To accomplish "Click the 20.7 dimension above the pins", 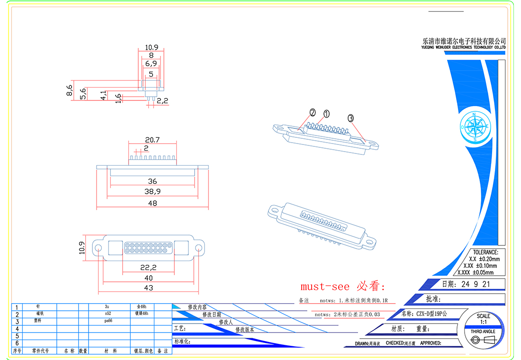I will click(x=152, y=140).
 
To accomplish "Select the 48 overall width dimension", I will click(x=152, y=203).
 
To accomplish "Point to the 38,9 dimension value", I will click(x=152, y=192).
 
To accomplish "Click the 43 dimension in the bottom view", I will click(x=148, y=288).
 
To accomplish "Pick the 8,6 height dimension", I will click(x=70, y=90).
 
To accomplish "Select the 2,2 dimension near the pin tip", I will click(x=162, y=100).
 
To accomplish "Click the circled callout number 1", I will click(x=326, y=114).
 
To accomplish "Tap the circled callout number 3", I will click(x=351, y=118).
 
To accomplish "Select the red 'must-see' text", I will click(x=325, y=287).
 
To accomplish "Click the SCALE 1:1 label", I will click(x=483, y=319).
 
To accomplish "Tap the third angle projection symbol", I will click(x=483, y=340).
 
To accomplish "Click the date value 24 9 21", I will click(x=472, y=285).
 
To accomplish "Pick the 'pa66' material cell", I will click(x=108, y=321).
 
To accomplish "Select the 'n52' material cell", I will click(x=108, y=314).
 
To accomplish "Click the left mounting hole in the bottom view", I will click(x=99, y=248).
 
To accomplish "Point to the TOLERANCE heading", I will click(x=485, y=252).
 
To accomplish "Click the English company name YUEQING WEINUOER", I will click(x=464, y=48).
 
